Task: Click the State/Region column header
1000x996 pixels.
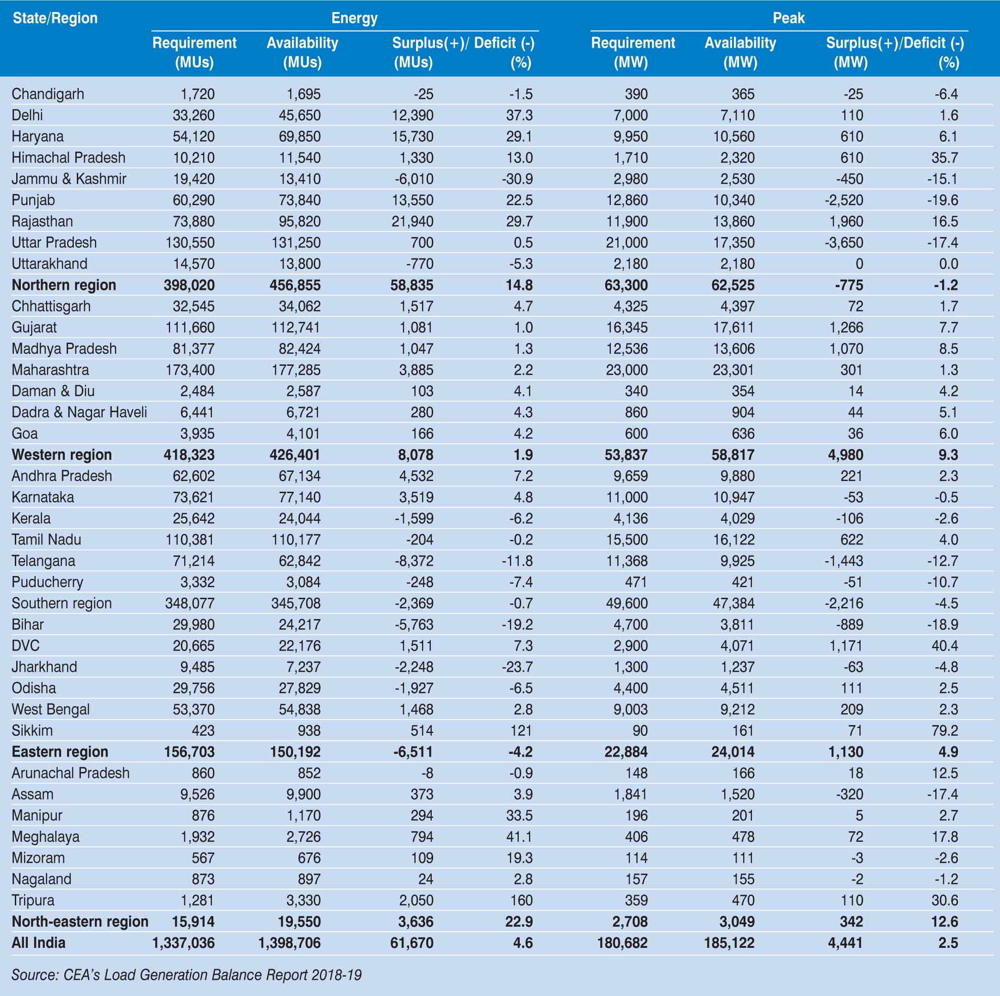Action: point(55,18)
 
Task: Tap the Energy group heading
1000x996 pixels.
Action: point(354,18)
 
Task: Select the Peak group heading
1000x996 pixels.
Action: point(789,18)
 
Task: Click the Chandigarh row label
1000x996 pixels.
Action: point(48,94)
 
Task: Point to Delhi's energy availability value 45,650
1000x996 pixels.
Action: point(299,115)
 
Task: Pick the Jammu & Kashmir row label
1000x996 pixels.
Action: point(69,179)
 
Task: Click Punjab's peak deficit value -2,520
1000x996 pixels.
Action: point(843,200)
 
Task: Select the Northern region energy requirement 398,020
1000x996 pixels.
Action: point(189,285)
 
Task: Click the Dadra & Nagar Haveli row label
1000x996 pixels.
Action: point(79,412)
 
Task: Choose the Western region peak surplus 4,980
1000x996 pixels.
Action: point(845,455)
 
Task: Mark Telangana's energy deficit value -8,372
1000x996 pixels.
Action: point(414,561)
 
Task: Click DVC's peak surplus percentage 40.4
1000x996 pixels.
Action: point(944,646)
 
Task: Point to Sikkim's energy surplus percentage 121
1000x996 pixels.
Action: point(521,731)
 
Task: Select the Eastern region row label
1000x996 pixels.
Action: point(60,752)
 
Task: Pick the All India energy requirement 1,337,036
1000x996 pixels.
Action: point(183,943)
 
